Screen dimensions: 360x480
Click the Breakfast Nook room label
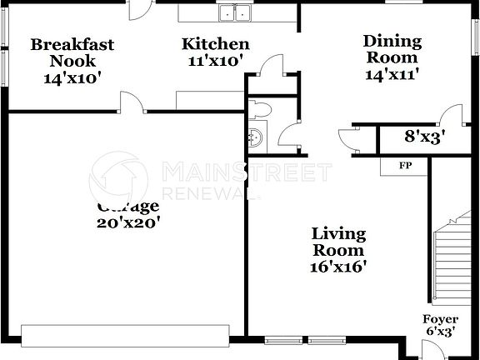[x=72, y=52]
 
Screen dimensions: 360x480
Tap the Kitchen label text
[x=215, y=44]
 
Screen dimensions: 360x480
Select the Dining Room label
[x=392, y=49]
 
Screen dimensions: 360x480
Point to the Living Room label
[x=338, y=242]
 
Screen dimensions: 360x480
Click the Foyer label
[x=440, y=319]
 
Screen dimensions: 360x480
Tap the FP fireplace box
[x=406, y=166]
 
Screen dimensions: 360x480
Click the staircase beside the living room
[x=453, y=258]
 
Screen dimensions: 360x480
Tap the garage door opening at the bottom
[x=126, y=335]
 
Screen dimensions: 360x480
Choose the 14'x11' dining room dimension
[x=392, y=73]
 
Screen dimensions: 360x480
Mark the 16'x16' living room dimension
[x=338, y=267]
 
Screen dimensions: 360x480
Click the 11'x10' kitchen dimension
[x=215, y=60]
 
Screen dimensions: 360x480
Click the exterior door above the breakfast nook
[x=139, y=8]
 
